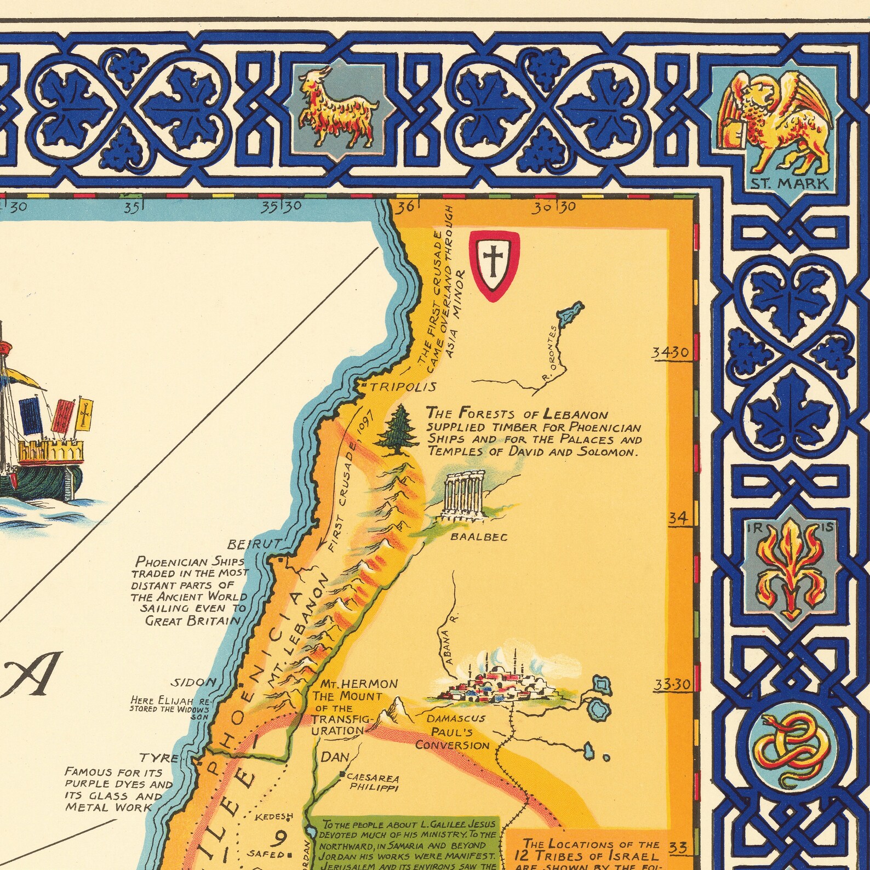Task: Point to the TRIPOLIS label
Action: [x=403, y=387]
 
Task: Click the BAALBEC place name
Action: [x=478, y=537]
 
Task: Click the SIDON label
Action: [x=194, y=683]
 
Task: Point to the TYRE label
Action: [x=159, y=758]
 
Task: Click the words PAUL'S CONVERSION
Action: [x=453, y=739]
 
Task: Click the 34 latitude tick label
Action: [x=678, y=518]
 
